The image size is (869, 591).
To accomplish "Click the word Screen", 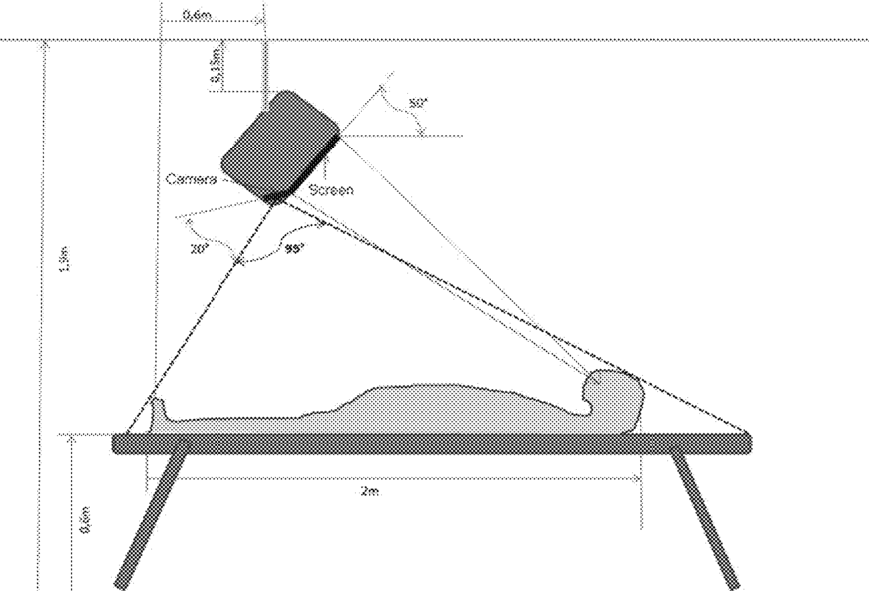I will (x=331, y=189).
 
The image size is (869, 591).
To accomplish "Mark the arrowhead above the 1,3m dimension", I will (x=42, y=44).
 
